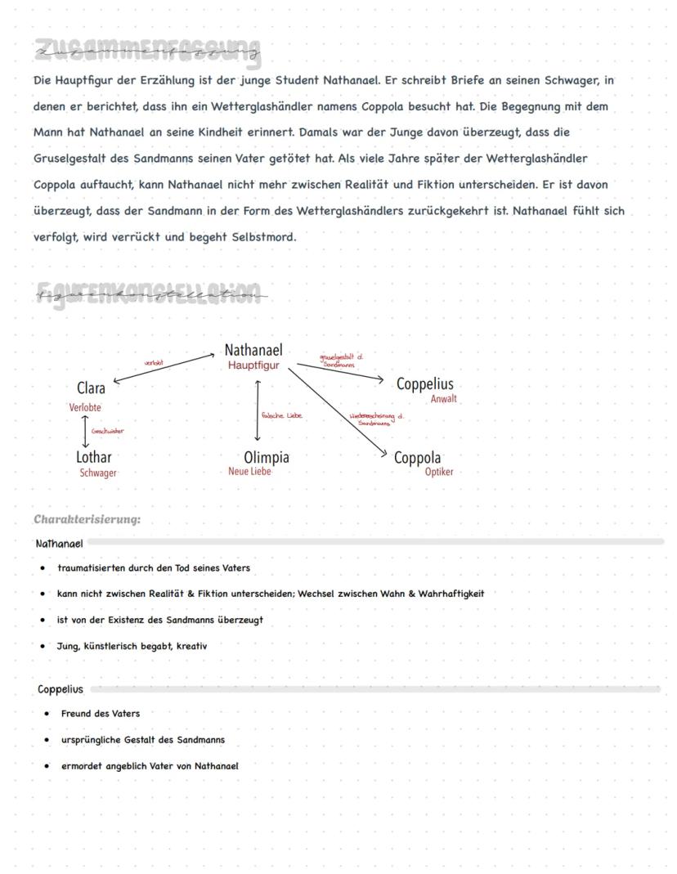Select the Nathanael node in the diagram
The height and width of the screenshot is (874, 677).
[253, 351]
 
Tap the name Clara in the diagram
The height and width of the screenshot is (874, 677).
[91, 388]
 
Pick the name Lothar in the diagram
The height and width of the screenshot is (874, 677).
[93, 457]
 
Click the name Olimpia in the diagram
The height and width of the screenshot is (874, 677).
[266, 457]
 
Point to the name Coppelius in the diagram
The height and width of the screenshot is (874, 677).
[424, 384]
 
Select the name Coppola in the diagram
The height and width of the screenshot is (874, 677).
[417, 458]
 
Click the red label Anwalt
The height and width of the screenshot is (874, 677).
[443, 399]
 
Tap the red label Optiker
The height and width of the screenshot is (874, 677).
[438, 473]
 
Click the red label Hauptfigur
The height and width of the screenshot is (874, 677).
[253, 365]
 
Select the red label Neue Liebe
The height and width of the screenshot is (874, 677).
[249, 472]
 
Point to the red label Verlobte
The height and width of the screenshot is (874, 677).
[86, 407]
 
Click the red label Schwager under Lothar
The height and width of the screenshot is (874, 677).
[97, 473]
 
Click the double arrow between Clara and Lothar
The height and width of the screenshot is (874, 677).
[85, 431]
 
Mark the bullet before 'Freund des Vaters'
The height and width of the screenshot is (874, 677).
[47, 714]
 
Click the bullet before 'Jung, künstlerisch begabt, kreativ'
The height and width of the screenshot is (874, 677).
[43, 646]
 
